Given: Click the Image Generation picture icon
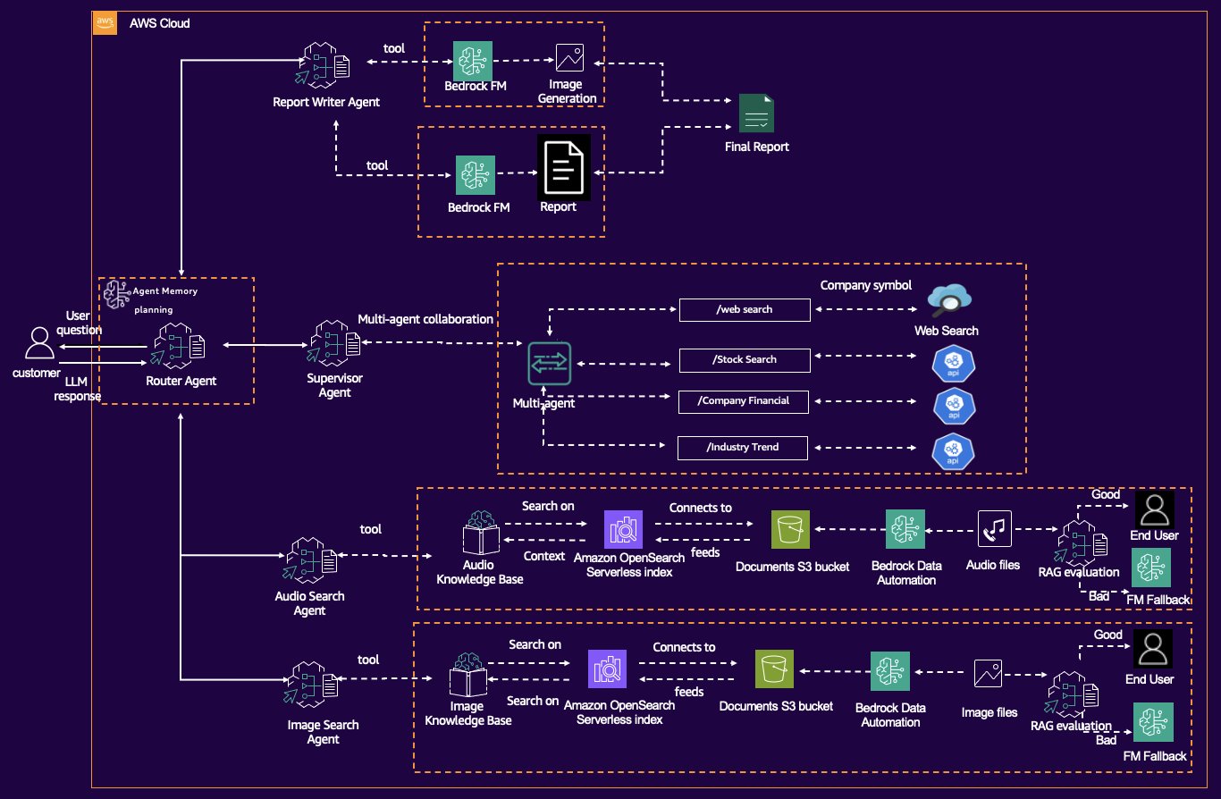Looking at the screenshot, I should [x=569, y=57].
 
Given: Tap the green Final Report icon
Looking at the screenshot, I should [x=756, y=114].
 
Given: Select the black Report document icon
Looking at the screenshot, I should [x=563, y=167].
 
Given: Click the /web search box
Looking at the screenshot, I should [x=745, y=309].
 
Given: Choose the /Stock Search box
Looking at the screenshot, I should [x=745, y=359].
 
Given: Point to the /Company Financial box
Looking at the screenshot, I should [x=745, y=401].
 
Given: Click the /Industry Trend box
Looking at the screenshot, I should [x=743, y=447].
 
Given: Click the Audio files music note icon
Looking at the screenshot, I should [x=995, y=529].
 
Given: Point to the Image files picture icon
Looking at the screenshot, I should [x=989, y=674].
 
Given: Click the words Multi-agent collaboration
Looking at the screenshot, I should [x=425, y=319].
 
